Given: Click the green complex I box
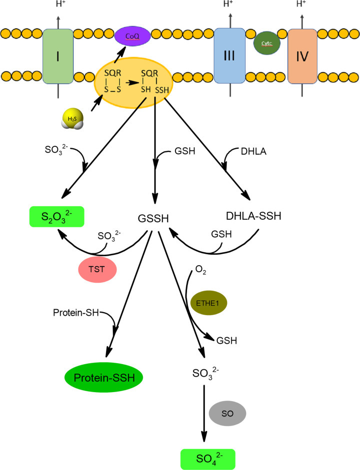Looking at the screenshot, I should coord(58,56).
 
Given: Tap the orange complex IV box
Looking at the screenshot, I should coord(302,56).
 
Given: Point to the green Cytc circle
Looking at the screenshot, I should coord(267,43).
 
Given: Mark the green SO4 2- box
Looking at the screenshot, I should coord(207,457).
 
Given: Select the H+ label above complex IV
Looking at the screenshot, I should coord(301,5).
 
